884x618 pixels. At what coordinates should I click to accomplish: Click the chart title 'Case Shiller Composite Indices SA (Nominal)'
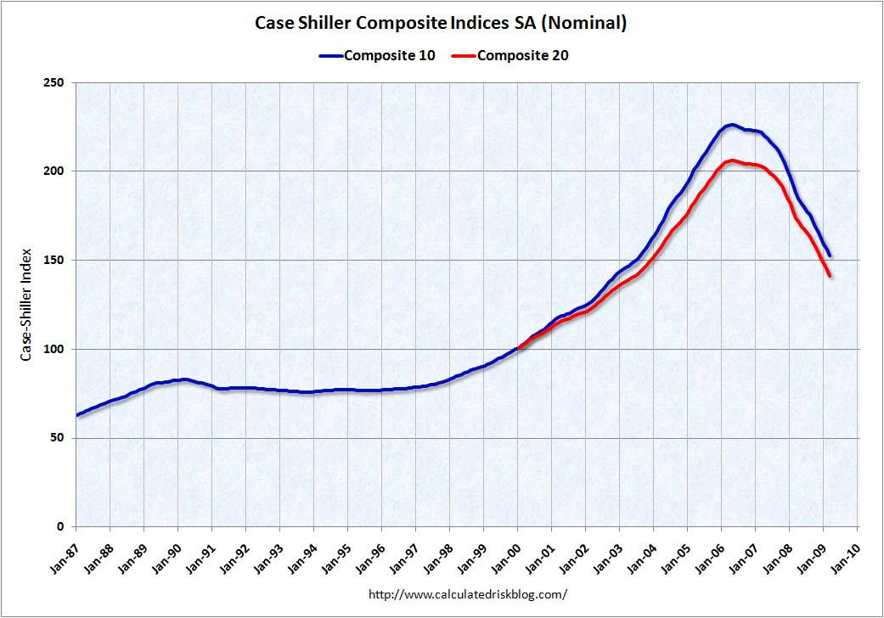click(441, 23)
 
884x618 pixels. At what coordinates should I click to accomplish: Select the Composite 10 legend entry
click(377, 56)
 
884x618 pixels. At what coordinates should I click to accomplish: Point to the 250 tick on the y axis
click(56, 82)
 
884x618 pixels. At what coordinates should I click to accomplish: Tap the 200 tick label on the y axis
click(56, 171)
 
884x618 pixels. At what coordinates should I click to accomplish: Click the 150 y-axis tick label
click(56, 260)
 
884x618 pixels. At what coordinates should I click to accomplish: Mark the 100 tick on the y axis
click(56, 349)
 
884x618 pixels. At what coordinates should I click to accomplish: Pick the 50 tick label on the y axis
click(59, 438)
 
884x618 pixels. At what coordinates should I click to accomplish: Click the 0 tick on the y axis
click(63, 527)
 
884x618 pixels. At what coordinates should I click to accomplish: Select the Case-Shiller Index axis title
click(26, 305)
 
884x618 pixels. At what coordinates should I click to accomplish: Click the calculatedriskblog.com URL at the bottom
click(467, 595)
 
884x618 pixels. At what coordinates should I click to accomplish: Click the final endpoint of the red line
click(830, 276)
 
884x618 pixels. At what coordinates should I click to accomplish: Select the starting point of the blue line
click(77, 415)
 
